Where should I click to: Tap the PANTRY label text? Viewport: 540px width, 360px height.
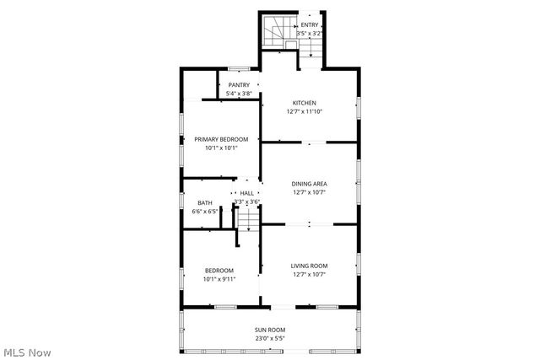[240, 85]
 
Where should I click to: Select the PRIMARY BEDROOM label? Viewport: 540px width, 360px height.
[221, 139]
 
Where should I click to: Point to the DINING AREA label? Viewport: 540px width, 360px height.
[310, 183]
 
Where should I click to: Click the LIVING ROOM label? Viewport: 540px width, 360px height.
[310, 266]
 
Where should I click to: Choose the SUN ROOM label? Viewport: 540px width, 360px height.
[270, 330]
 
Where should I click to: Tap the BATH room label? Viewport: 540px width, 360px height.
[205, 202]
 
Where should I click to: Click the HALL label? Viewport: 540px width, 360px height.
[247, 193]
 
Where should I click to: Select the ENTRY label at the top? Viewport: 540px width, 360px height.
[310, 25]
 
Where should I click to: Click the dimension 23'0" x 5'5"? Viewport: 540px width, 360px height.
[270, 338]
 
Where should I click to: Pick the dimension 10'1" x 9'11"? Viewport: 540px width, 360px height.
[219, 279]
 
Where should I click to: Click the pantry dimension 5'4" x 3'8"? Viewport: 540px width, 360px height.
[240, 94]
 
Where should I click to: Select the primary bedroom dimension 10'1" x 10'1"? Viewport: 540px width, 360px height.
[221, 148]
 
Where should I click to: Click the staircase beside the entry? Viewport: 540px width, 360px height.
[275, 34]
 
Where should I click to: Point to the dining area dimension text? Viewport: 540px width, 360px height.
[310, 192]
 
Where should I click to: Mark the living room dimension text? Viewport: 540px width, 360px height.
[310, 275]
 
